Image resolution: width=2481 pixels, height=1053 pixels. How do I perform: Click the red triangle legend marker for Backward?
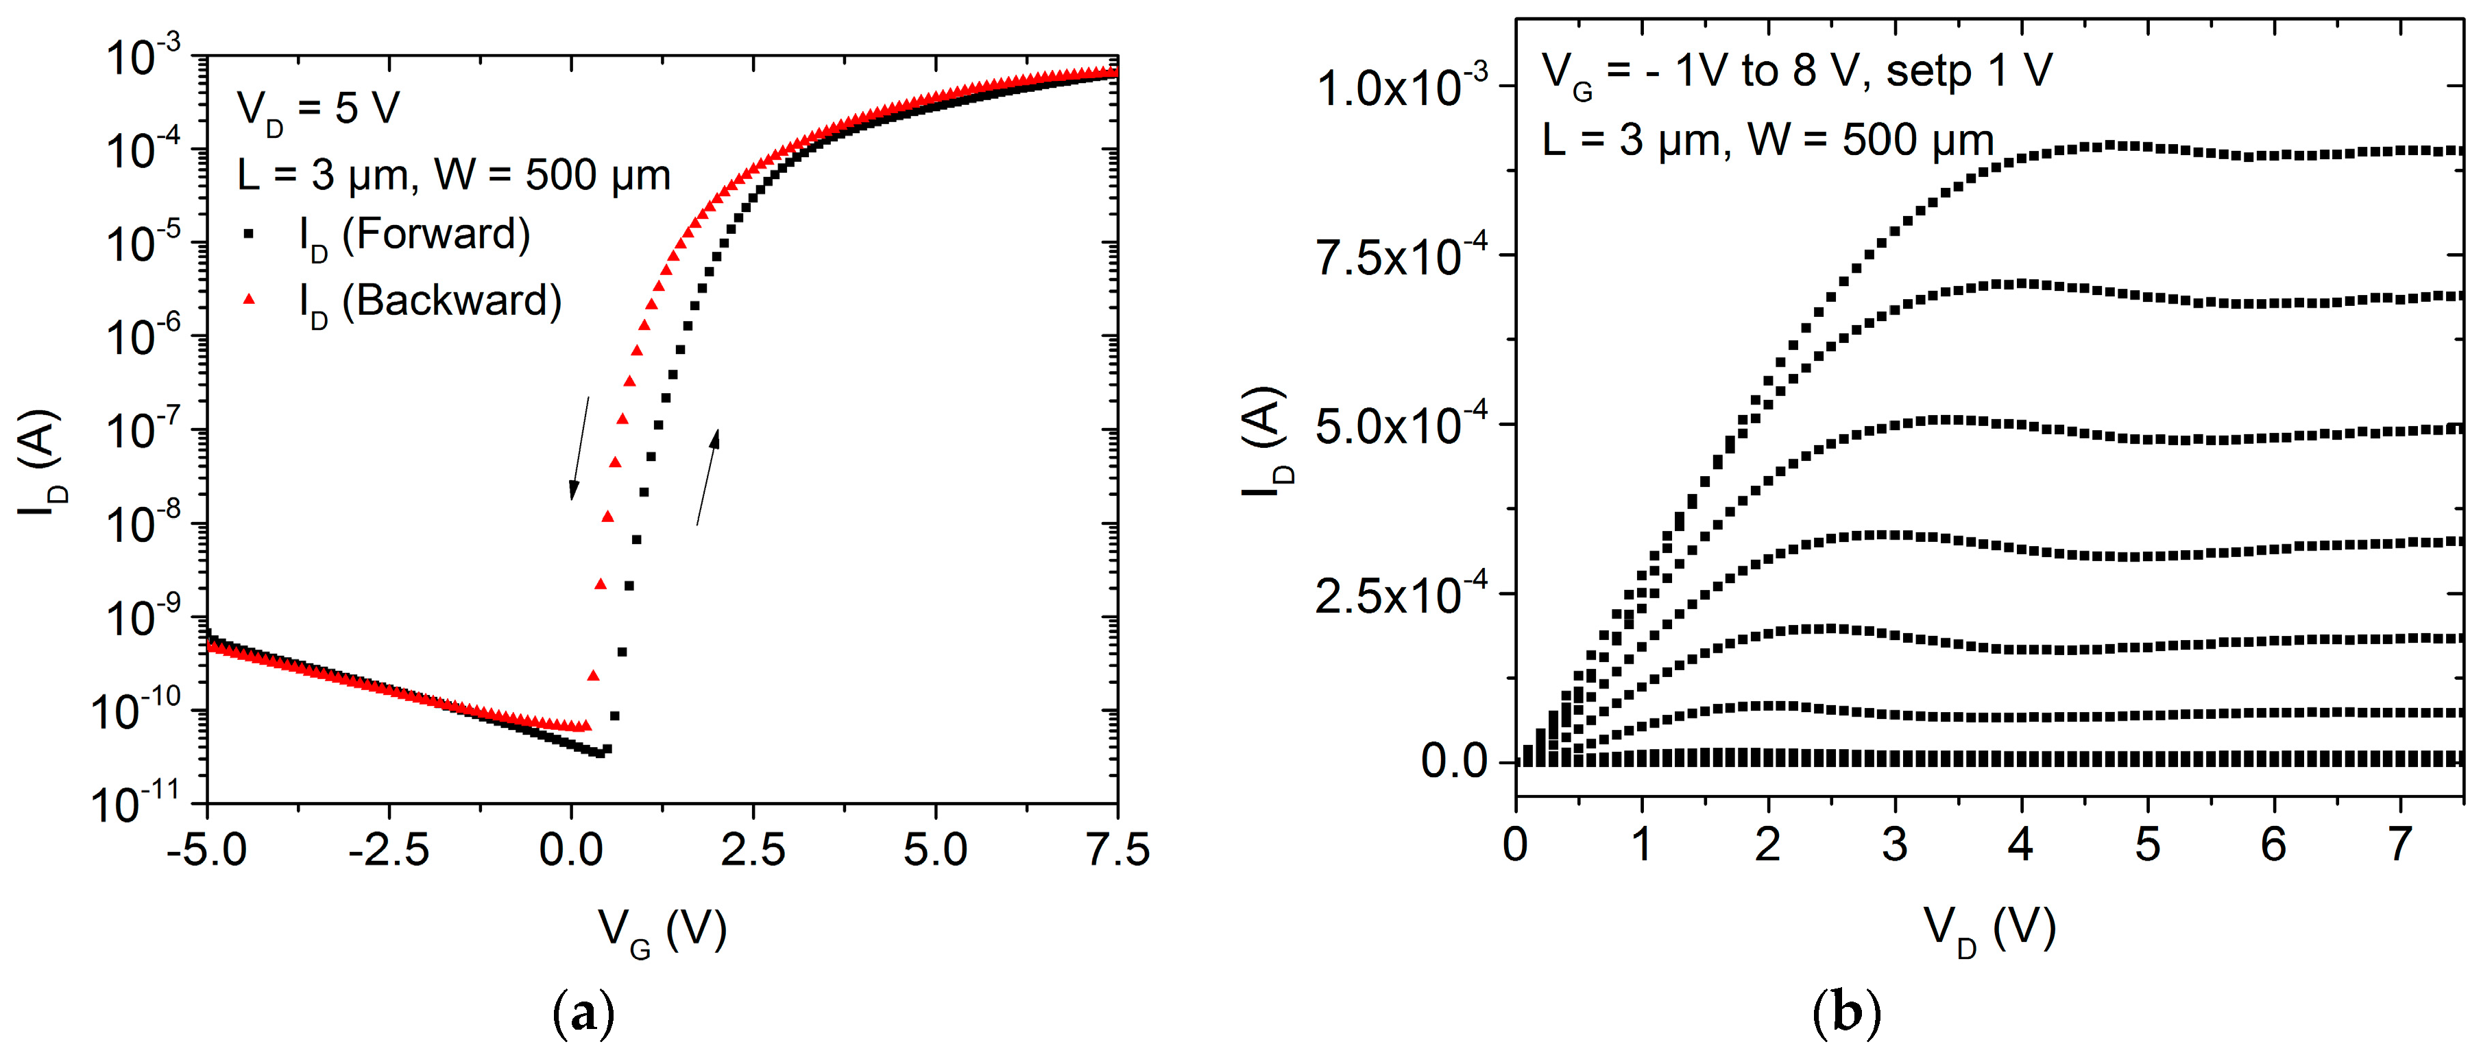point(250,300)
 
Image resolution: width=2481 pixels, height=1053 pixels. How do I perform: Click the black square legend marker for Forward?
point(250,234)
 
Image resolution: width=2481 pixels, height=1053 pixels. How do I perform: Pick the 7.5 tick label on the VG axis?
point(1117,851)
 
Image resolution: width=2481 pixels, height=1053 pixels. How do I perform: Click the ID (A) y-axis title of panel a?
point(40,462)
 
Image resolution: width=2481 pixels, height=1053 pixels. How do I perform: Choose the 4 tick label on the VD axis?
point(2020,846)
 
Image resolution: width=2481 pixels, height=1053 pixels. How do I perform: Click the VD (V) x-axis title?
point(1990,931)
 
